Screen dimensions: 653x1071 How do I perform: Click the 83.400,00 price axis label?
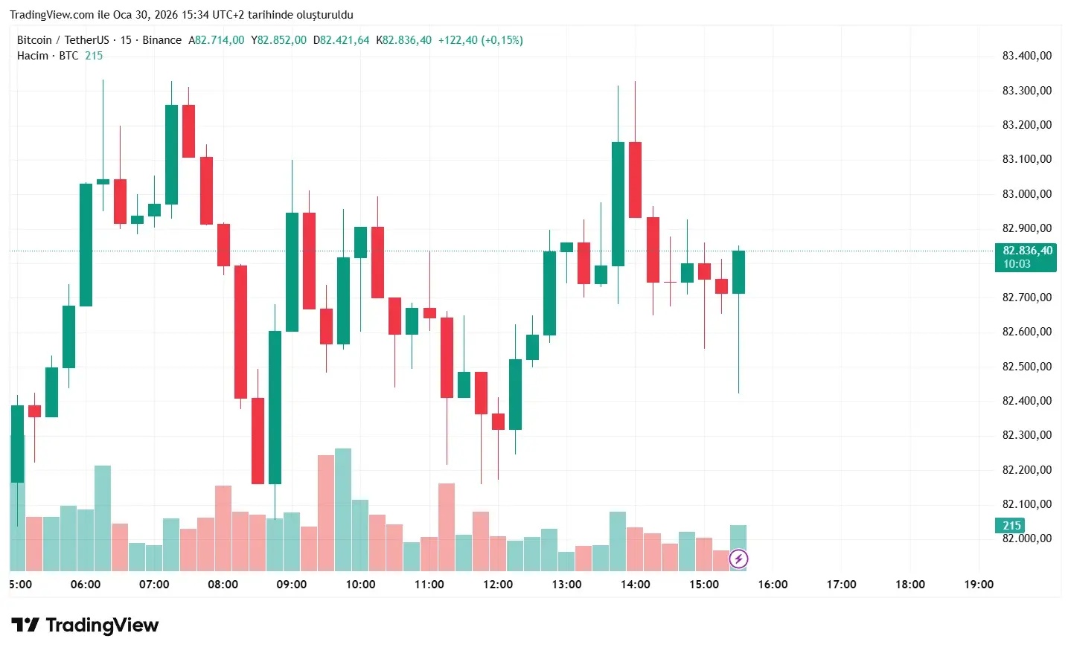(1026, 56)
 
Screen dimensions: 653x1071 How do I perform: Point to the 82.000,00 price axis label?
(1026, 538)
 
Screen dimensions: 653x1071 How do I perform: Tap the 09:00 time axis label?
(291, 585)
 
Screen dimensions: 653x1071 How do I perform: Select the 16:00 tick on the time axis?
(773, 585)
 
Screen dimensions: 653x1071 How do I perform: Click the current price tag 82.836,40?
(1026, 251)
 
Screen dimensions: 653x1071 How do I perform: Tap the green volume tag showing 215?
(1011, 526)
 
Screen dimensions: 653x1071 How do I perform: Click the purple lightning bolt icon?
(738, 559)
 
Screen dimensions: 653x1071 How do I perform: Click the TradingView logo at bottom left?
(85, 625)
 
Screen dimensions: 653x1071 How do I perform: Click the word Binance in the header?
(162, 40)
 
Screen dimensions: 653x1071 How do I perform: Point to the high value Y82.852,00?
(278, 40)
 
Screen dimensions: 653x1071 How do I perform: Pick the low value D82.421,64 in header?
(341, 40)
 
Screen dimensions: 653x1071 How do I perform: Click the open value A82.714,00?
(216, 40)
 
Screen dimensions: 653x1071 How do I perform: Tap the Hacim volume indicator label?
(33, 56)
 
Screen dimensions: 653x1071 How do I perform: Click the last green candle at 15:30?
(738, 272)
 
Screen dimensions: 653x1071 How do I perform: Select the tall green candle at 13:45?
(618, 204)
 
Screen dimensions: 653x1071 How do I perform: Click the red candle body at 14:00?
(635, 180)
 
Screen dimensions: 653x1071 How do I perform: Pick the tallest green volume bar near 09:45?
(343, 509)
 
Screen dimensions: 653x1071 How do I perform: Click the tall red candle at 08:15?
(240, 332)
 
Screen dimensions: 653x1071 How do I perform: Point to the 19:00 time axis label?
(979, 585)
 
